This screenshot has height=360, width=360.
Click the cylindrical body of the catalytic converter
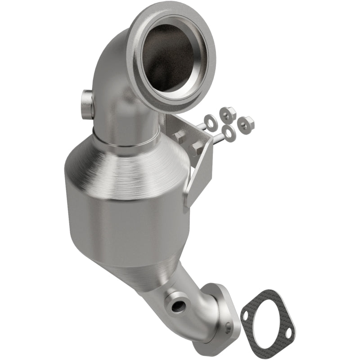[x=121, y=216]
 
